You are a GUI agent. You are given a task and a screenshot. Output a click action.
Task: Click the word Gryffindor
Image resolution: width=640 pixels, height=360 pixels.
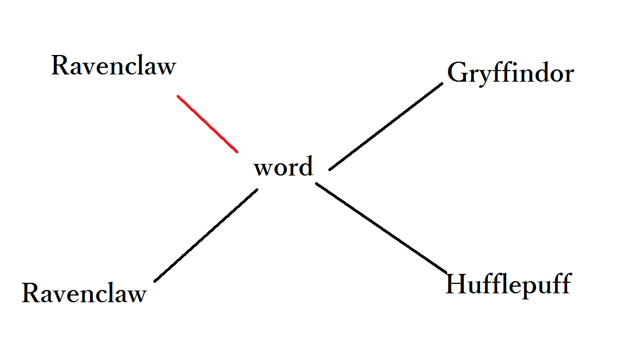tap(510, 73)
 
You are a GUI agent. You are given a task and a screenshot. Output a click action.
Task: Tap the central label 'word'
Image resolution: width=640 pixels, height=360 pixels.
tap(283, 167)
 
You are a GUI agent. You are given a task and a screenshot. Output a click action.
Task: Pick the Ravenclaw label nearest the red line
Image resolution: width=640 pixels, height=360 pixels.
tap(113, 66)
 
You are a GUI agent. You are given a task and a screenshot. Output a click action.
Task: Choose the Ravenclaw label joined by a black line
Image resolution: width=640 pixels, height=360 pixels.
tap(84, 293)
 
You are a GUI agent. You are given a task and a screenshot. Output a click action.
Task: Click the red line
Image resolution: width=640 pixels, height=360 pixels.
tap(207, 123)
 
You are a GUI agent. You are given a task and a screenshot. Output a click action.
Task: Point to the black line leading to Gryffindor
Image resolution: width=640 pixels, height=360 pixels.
tap(386, 127)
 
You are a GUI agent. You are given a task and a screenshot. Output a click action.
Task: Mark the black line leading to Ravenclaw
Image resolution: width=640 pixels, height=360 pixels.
tap(206, 235)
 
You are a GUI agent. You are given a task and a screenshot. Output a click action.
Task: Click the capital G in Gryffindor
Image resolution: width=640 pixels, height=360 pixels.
tap(457, 73)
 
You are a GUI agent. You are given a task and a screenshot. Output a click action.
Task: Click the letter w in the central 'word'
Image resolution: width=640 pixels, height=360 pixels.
tap(263, 168)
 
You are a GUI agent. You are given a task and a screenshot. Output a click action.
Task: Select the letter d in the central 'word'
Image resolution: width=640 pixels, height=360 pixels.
tap(306, 166)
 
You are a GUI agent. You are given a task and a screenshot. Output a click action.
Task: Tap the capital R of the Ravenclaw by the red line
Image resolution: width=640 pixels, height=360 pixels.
tap(59, 66)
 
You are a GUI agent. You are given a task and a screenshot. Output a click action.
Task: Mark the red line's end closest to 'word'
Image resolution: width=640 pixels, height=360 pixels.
tap(237, 151)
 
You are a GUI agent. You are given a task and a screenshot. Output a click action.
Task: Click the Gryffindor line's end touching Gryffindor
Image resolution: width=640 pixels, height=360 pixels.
tap(442, 84)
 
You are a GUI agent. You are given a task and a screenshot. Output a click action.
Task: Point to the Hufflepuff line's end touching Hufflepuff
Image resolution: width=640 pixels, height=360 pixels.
tap(446, 272)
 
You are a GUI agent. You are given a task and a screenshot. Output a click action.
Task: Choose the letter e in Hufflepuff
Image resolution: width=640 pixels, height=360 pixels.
tap(514, 287)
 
